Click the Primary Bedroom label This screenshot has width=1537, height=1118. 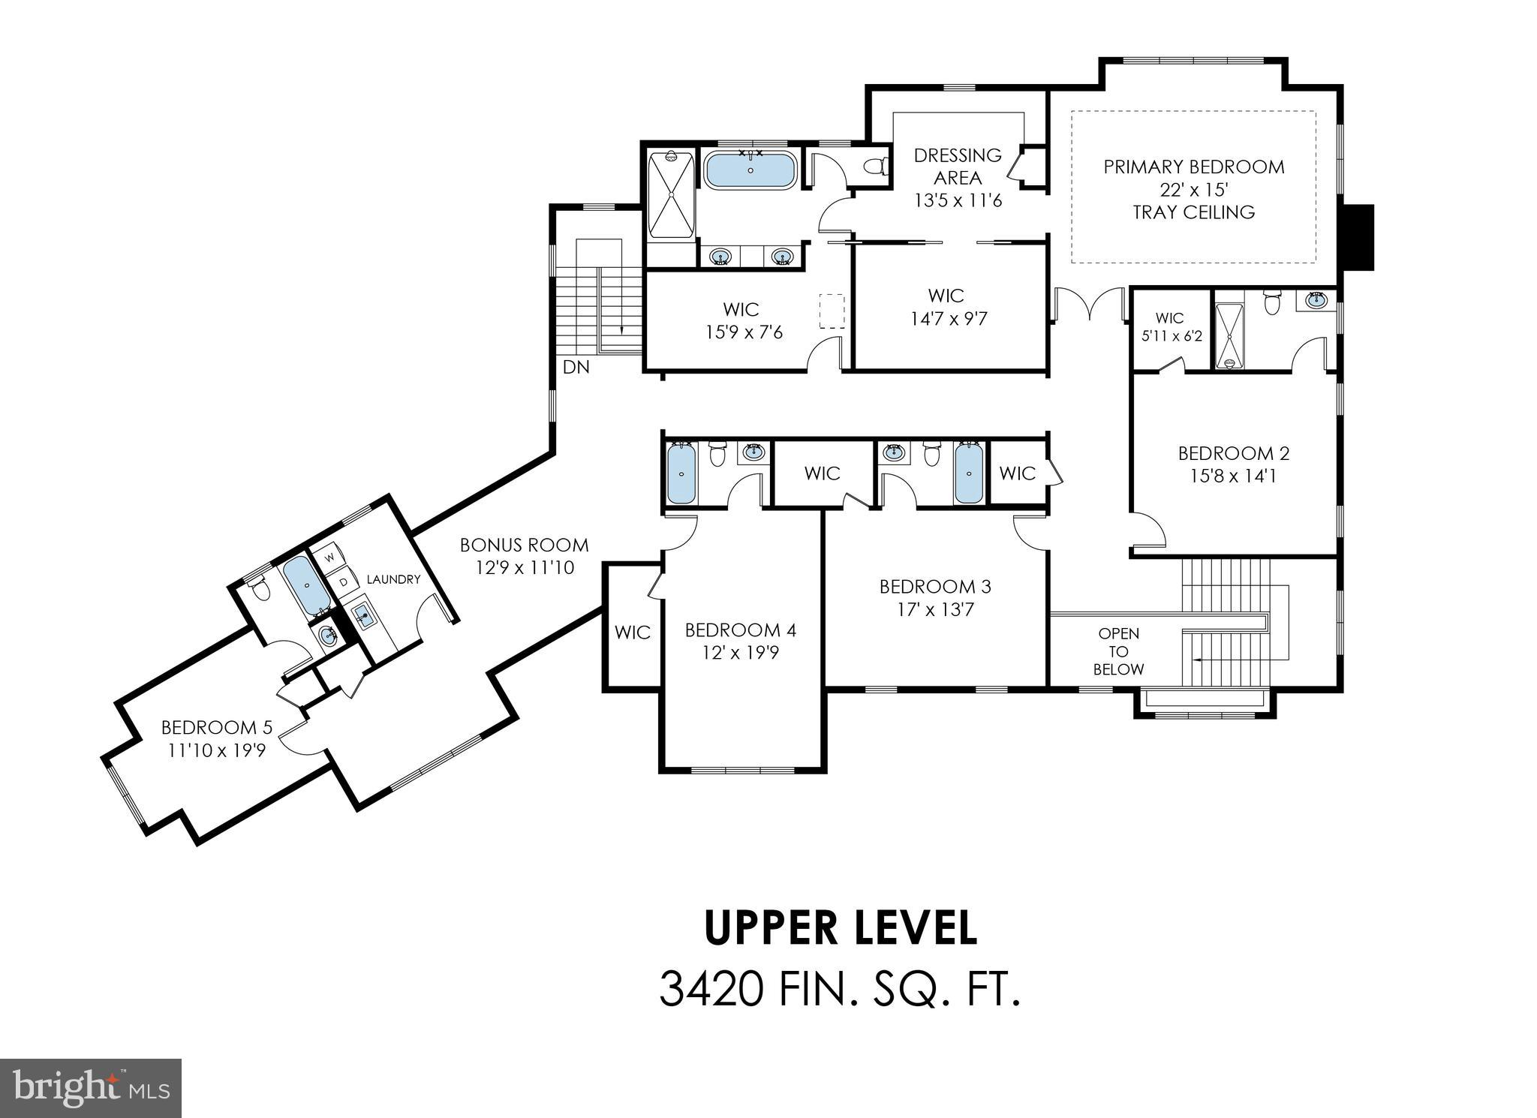[x=1193, y=167]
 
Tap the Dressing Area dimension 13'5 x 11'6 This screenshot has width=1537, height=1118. [x=958, y=201]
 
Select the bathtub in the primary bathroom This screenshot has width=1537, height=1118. [x=750, y=170]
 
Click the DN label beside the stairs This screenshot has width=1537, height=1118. [x=576, y=367]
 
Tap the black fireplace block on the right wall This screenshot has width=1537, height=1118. [x=1358, y=237]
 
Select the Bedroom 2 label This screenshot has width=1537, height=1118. [x=1233, y=453]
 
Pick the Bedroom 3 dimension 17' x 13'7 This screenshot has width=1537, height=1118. [x=935, y=609]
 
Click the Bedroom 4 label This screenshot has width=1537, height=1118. [x=740, y=630]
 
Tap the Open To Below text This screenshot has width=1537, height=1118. [x=1117, y=651]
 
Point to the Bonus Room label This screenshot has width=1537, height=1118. [x=524, y=545]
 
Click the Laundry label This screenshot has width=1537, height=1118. [x=393, y=579]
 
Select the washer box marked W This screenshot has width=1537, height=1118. [x=329, y=557]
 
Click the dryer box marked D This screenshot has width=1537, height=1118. [x=344, y=582]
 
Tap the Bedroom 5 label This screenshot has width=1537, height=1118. [x=216, y=727]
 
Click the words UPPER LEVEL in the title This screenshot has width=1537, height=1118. [x=841, y=928]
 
